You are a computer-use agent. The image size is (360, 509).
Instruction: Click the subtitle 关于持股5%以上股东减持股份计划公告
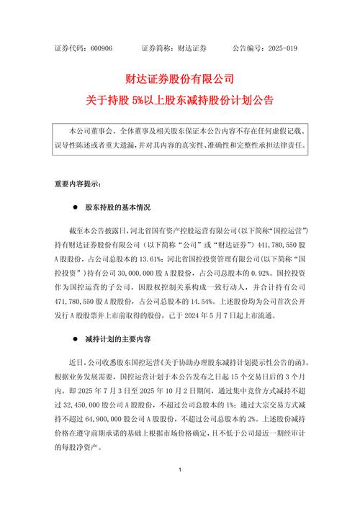point(180,96)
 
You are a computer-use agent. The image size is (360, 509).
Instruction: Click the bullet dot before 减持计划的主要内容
point(75,338)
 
